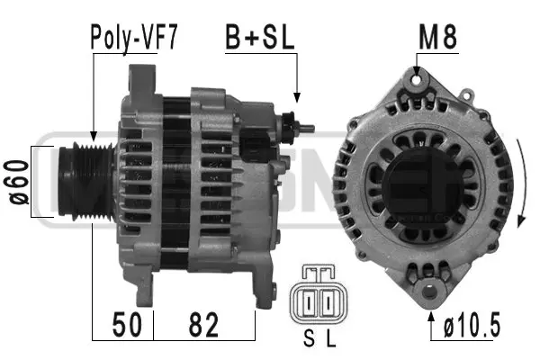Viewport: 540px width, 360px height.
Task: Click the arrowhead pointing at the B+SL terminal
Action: (297, 96)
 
